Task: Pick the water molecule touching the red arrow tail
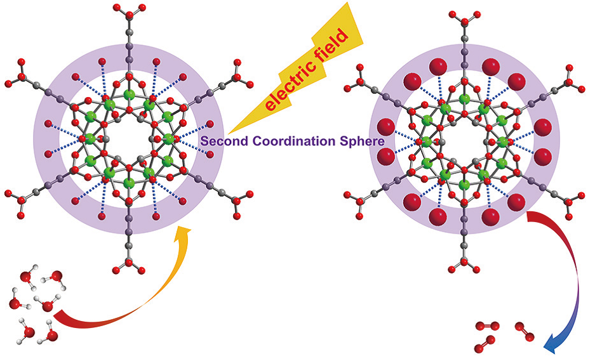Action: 46,306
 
